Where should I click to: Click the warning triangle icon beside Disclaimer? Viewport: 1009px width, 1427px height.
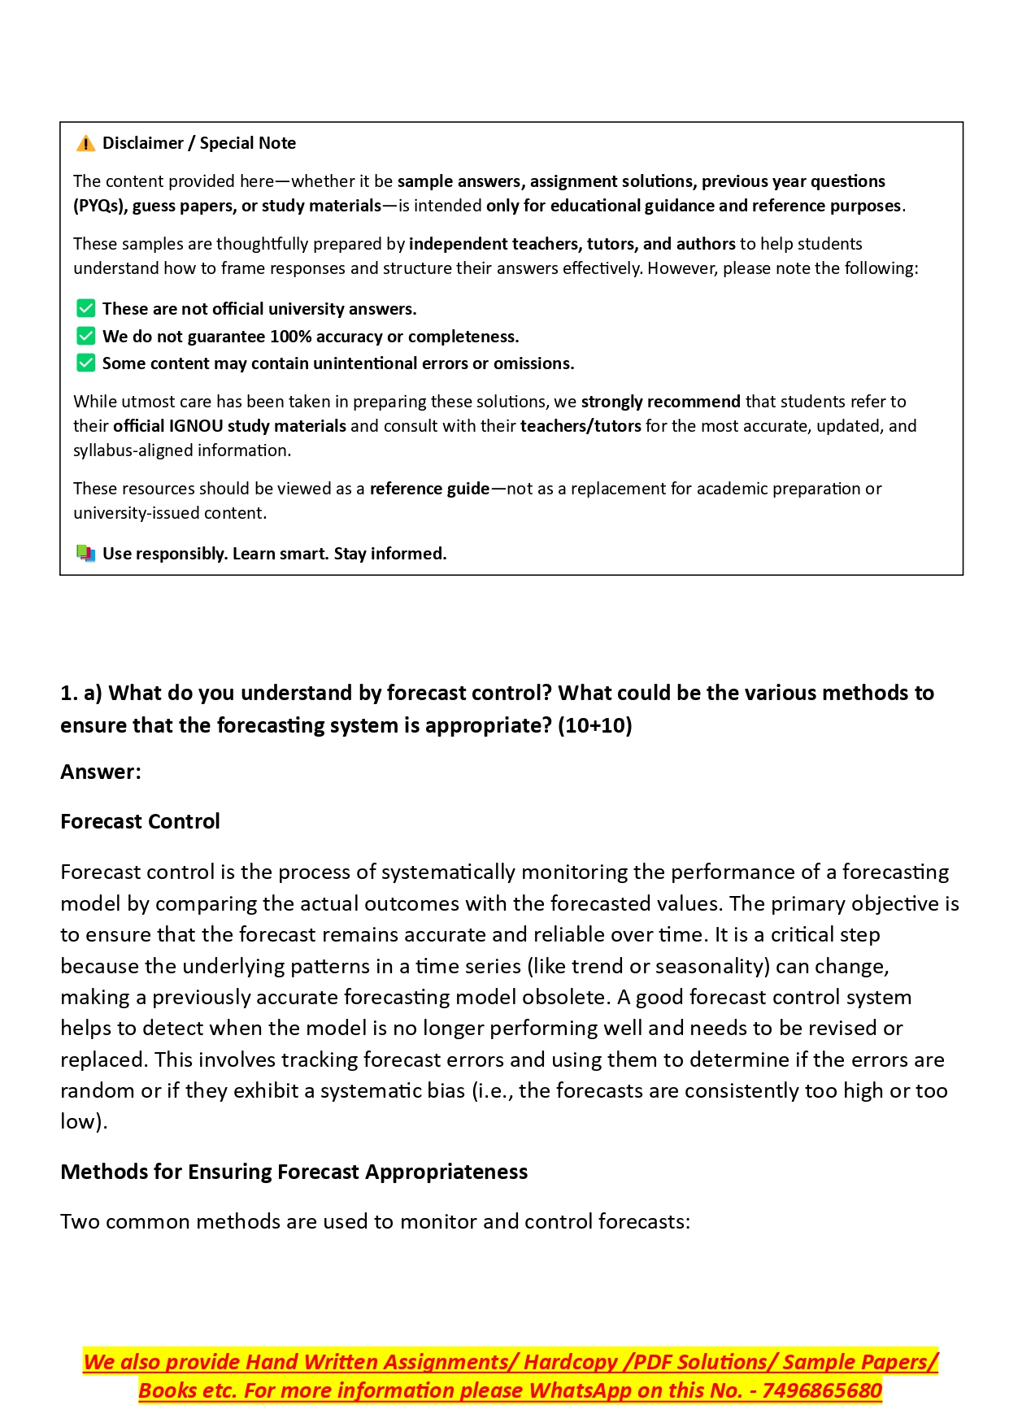(85, 144)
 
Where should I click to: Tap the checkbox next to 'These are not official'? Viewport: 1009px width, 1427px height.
(85, 309)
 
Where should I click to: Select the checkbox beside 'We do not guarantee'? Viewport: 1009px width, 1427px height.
(85, 337)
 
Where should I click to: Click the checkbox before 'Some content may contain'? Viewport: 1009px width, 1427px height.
(85, 363)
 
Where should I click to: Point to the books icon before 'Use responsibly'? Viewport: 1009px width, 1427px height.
(85, 554)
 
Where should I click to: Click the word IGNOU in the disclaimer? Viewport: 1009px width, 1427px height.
(195, 426)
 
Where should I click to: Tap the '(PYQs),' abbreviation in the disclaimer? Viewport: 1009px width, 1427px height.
(101, 206)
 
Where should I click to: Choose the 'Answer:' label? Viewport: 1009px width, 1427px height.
(101, 772)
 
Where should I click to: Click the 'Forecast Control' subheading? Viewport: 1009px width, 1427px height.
(140, 821)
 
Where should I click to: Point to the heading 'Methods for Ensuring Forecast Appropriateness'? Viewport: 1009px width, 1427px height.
(294, 1172)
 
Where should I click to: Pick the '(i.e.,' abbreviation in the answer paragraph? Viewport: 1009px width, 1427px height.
(493, 1090)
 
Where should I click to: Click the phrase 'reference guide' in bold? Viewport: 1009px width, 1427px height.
(429, 489)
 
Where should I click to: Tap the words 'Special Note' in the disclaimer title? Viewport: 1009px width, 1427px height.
(247, 143)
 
